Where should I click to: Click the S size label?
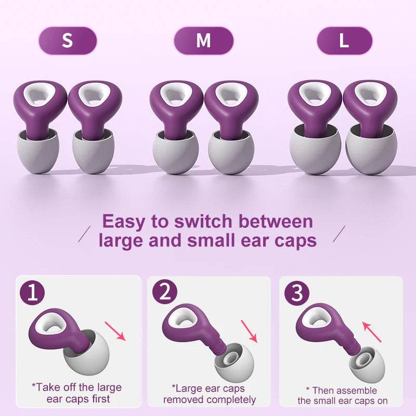tap(68, 41)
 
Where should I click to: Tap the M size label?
tap(203, 41)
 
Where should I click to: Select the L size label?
tap(344, 41)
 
